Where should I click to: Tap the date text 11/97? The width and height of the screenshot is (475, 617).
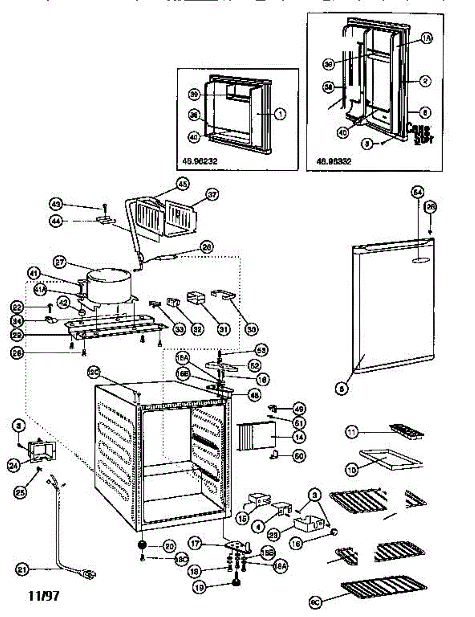point(44,596)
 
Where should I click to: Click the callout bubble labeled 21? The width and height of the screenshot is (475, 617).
point(21,570)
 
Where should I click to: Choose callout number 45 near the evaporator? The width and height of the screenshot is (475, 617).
point(183,183)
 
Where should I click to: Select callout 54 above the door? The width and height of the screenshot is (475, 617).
point(418,192)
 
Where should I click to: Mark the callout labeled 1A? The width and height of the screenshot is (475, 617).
point(427,38)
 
